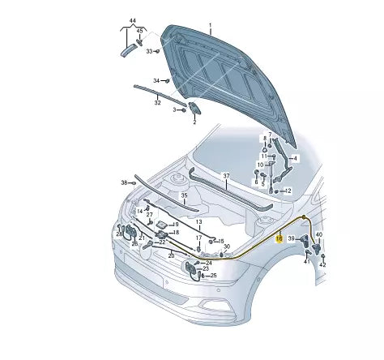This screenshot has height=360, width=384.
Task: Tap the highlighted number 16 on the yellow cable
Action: click(x=279, y=238)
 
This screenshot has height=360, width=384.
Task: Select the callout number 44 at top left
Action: click(x=132, y=19)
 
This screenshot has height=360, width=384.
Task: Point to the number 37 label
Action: click(x=227, y=176)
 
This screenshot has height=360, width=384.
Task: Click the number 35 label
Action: click(x=184, y=195)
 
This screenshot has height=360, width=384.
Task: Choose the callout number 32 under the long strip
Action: click(x=157, y=102)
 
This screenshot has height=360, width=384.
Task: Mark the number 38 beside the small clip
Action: click(x=124, y=182)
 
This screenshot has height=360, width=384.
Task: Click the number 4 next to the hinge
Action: click(x=296, y=157)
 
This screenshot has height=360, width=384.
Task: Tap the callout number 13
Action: click(x=198, y=221)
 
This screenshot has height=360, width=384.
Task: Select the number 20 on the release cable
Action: click(x=171, y=255)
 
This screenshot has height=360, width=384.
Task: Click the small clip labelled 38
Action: click(x=135, y=182)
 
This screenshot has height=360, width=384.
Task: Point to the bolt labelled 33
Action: click(x=159, y=51)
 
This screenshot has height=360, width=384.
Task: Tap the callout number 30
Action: click(x=227, y=246)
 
